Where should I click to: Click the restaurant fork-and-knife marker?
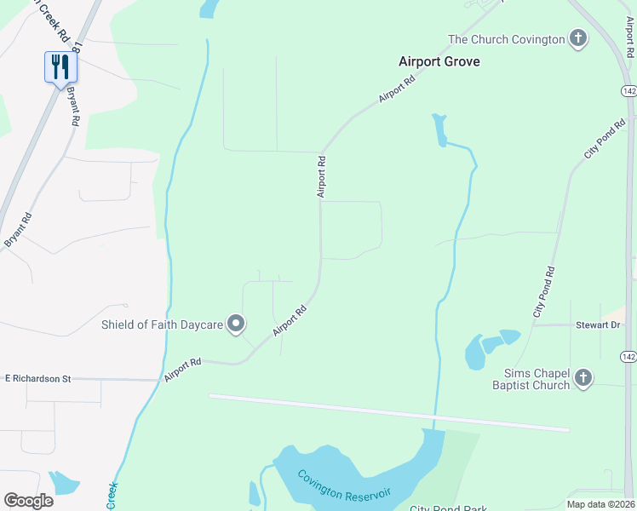pos(60,66)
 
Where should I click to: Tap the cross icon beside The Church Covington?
pos(578,39)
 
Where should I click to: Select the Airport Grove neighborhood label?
pos(439,61)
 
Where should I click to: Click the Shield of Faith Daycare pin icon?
pos(237,324)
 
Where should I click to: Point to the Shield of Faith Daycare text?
pos(162,324)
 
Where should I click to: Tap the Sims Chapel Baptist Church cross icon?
pos(582,377)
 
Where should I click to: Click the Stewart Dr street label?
pos(600,325)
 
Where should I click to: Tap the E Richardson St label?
pos(38,377)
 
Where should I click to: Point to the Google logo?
pos(28,501)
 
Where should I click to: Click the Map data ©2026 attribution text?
pos(600,504)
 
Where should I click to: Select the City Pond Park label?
pos(448,508)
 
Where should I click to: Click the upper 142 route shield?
pos(629,91)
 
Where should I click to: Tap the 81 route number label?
pos(78,44)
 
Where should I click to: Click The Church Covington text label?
pos(507,39)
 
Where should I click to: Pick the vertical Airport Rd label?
pos(322,176)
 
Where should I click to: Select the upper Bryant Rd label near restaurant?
pos(73,106)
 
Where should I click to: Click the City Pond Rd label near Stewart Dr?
pos(545,293)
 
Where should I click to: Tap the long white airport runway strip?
pos(388,412)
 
